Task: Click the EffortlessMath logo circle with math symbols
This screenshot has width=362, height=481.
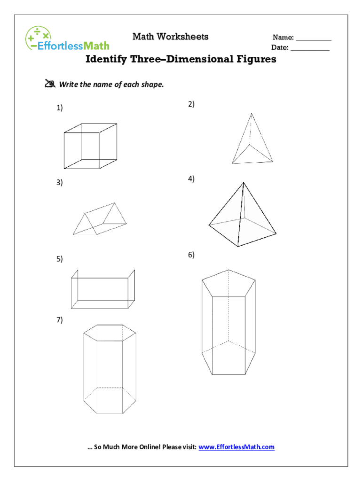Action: [38, 38]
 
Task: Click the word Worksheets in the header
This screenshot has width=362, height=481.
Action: [183, 37]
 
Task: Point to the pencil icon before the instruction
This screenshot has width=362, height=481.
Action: [50, 84]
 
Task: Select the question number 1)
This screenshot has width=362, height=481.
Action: [60, 108]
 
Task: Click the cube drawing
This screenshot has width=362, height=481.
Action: [90, 146]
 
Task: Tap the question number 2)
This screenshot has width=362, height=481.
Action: [191, 104]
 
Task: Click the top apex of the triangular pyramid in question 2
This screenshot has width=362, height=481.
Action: [252, 113]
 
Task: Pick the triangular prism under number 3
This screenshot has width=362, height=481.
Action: [100, 218]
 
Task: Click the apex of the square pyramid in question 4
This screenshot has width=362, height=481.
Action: [244, 183]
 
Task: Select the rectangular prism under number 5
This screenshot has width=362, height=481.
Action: [103, 289]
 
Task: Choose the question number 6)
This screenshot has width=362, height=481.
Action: [191, 255]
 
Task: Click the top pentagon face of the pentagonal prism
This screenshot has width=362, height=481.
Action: [228, 283]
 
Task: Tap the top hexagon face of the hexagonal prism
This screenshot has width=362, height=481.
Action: [110, 333]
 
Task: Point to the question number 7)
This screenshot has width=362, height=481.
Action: [60, 320]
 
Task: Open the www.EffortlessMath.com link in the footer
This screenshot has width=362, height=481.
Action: [236, 447]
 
